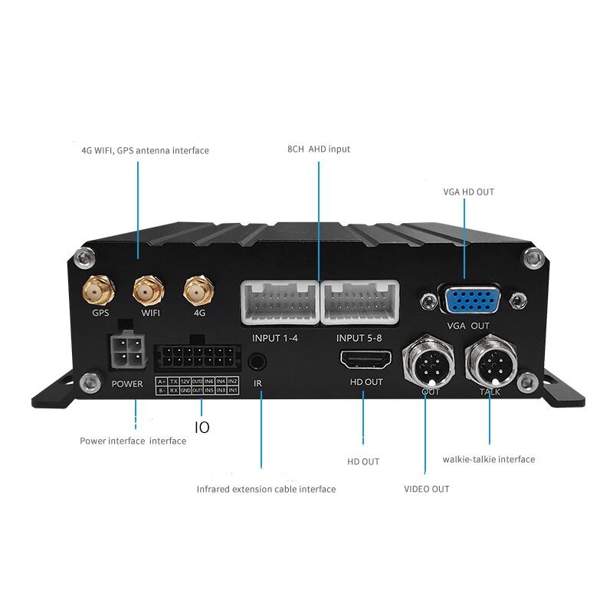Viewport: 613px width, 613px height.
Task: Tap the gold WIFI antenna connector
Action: (x=146, y=290)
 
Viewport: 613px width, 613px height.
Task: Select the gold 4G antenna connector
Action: (x=198, y=290)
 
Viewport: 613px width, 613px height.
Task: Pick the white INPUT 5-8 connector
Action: (x=359, y=302)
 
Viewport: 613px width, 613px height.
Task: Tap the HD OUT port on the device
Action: (x=366, y=359)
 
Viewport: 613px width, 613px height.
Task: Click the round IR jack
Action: (x=259, y=360)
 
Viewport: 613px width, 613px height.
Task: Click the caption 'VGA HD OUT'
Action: (x=468, y=192)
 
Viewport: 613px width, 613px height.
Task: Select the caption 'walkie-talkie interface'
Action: (x=488, y=460)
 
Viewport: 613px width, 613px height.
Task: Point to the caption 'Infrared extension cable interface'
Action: (x=266, y=489)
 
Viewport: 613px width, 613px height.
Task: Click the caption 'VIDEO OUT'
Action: (x=426, y=489)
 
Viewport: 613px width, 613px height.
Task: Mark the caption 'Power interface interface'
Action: (x=133, y=441)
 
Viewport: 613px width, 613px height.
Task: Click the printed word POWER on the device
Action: (x=127, y=383)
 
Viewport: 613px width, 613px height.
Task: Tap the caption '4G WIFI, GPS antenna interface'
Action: (x=145, y=150)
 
